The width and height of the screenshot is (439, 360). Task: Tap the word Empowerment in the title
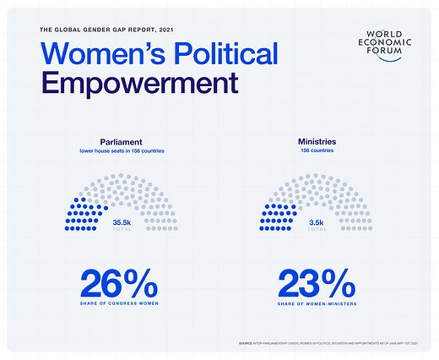click(x=138, y=85)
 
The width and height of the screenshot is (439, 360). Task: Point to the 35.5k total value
click(x=123, y=221)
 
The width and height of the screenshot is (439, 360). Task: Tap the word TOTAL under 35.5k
click(x=123, y=229)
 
